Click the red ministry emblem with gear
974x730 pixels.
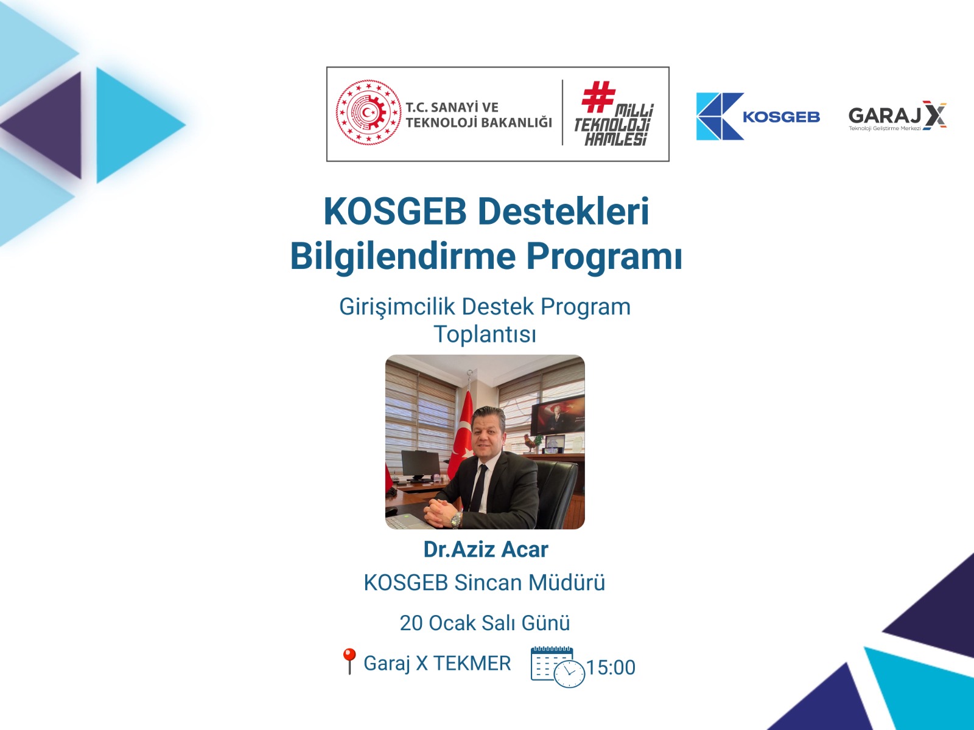tap(368, 113)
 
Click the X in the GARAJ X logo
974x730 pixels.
tap(934, 115)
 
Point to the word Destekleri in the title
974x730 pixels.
tap(563, 212)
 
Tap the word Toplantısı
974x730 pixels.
tap(485, 334)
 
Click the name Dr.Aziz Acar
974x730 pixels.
tap(485, 549)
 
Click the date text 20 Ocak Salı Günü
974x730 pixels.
tap(485, 623)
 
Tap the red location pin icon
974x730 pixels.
tap(349, 660)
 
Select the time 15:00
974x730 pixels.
tap(611, 668)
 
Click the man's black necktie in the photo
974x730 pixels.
tap(478, 487)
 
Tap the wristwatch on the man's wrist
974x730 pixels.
tap(456, 519)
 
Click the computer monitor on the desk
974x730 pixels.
tap(419, 465)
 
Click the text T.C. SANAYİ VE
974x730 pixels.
tap(452, 107)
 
